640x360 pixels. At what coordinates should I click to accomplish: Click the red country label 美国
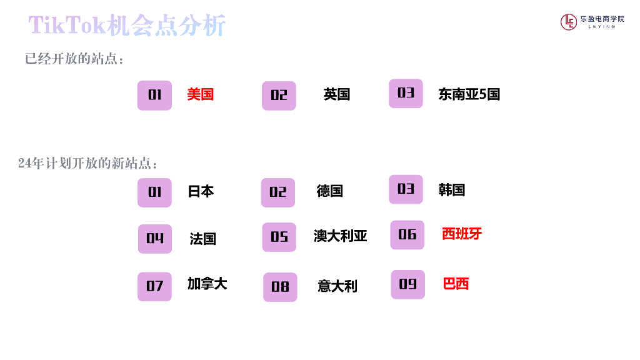click(x=201, y=94)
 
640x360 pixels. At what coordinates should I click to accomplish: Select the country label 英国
click(x=337, y=94)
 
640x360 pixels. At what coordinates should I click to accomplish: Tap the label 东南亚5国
click(x=469, y=94)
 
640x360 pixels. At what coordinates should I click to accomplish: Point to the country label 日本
click(x=201, y=191)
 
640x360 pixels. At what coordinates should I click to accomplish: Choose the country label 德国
click(x=330, y=191)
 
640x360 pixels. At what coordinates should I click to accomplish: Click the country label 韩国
click(x=452, y=189)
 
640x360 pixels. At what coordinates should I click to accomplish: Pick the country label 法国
click(x=203, y=239)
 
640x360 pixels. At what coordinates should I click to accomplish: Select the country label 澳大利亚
click(x=341, y=236)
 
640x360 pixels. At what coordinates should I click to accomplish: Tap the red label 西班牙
click(x=462, y=234)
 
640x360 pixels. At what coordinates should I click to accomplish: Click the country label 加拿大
click(x=207, y=284)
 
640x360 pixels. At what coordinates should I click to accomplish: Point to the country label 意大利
click(x=337, y=286)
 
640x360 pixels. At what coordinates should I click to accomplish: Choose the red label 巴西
click(x=456, y=284)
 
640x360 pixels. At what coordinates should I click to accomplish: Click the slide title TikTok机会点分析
click(x=127, y=26)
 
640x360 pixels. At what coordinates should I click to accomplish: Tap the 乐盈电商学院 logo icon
click(x=568, y=22)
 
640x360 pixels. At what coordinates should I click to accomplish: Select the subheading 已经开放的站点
click(x=75, y=59)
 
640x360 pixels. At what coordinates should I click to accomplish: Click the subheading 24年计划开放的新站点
click(x=88, y=164)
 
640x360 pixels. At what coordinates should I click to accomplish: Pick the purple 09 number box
click(x=407, y=284)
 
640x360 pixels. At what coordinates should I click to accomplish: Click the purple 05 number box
click(x=279, y=237)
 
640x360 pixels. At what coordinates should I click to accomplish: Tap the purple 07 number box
click(x=154, y=286)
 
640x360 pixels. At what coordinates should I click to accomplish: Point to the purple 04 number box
click(x=155, y=239)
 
